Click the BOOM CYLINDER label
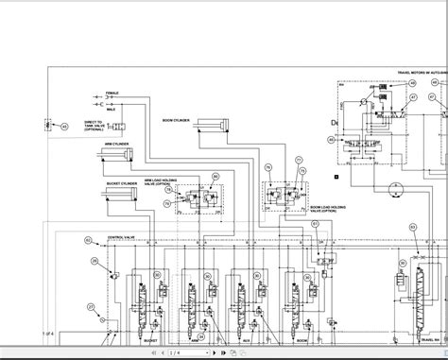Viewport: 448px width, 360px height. [178, 120]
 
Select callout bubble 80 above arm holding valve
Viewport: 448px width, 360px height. [215, 177]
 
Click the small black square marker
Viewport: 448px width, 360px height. [336, 175]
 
